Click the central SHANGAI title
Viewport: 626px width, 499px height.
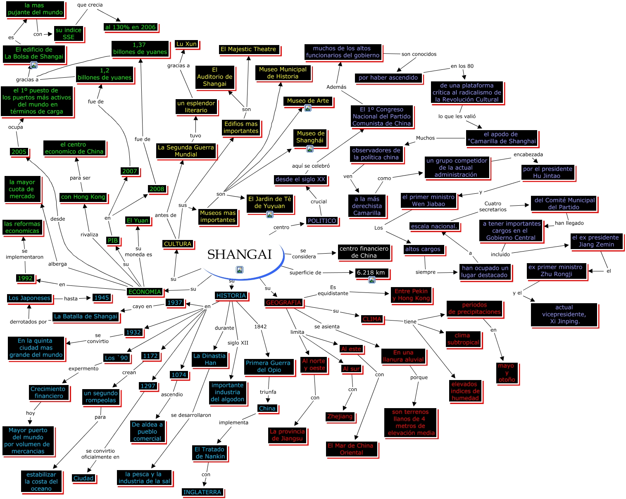click(x=239, y=254)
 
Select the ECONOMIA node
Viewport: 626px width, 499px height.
click(x=145, y=292)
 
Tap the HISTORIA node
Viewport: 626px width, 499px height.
click(x=231, y=295)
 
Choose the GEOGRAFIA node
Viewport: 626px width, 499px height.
click(x=283, y=302)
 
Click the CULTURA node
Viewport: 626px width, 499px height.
click(x=178, y=244)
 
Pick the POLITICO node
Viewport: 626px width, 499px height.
click(x=322, y=221)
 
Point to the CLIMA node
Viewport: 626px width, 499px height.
click(x=372, y=319)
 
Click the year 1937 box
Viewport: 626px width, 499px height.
click(x=175, y=302)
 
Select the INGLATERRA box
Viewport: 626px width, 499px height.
click(x=202, y=492)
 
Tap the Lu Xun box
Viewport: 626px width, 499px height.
click(x=186, y=44)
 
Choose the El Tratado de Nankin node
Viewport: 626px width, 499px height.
click(x=210, y=453)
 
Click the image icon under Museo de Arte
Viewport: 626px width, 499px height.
click(x=308, y=108)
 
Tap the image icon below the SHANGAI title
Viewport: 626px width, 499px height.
click(x=240, y=270)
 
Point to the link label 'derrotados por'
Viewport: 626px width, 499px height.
click(x=28, y=322)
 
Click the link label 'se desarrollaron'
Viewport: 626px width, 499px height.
click(x=191, y=415)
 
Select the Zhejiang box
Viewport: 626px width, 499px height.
click(x=340, y=416)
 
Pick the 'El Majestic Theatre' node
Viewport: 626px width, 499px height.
click(x=248, y=49)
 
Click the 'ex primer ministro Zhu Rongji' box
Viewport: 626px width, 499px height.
click(x=557, y=271)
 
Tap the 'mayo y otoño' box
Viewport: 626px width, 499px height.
click(x=507, y=373)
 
